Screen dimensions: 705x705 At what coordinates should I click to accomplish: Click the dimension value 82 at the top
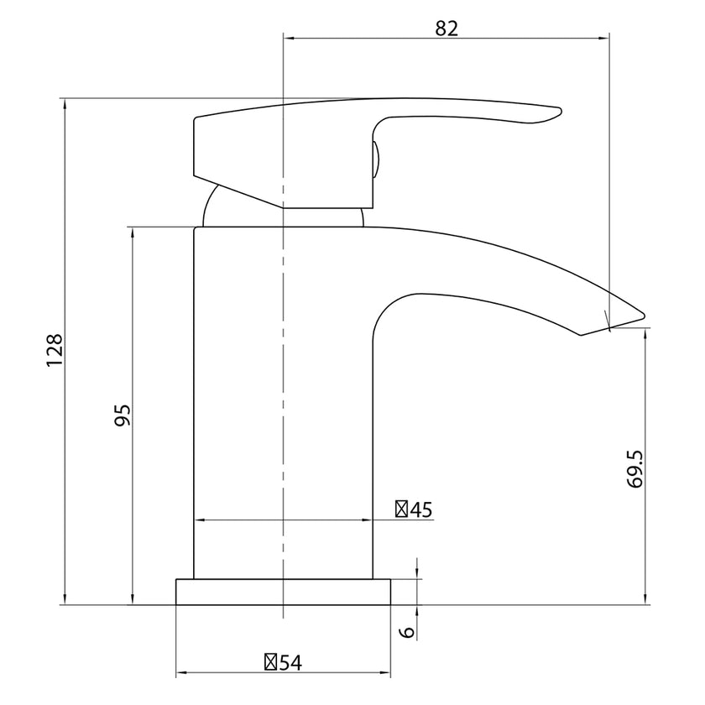pyautogui.click(x=446, y=27)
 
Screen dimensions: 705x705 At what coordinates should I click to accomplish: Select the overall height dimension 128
pyautogui.click(x=54, y=350)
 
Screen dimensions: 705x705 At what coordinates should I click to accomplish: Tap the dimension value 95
pyautogui.click(x=123, y=415)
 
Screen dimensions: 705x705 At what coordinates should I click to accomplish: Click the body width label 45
pyautogui.click(x=420, y=509)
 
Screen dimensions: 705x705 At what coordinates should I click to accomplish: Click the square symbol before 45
pyautogui.click(x=402, y=509)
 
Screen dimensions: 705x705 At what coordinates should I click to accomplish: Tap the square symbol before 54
pyautogui.click(x=271, y=661)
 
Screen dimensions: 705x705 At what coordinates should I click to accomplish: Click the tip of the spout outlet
pyautogui.click(x=642, y=316)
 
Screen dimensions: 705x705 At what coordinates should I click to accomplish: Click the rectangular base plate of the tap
pyautogui.click(x=284, y=591)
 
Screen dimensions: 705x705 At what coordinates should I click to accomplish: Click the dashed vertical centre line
pyautogui.click(x=285, y=378)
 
